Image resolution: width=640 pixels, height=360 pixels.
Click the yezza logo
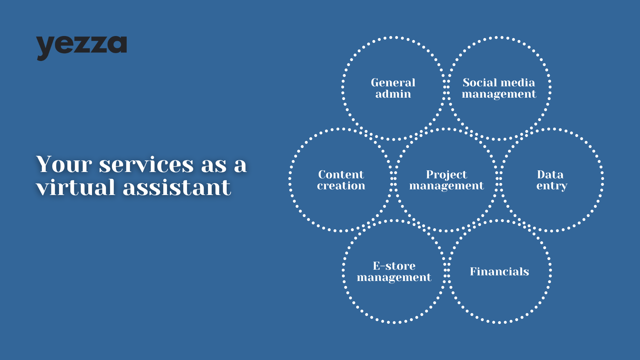[x=81, y=48]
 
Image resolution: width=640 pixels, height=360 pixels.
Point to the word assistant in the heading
[x=177, y=187]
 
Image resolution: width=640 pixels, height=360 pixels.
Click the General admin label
[x=393, y=88]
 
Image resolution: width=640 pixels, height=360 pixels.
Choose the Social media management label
[x=499, y=88]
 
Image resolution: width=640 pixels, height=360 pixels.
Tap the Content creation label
[x=341, y=180]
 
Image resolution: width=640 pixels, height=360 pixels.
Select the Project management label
[x=447, y=180]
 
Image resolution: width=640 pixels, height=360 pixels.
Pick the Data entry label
[x=552, y=180]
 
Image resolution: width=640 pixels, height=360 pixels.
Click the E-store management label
[x=394, y=272]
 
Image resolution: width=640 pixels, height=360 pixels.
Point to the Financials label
[x=499, y=271]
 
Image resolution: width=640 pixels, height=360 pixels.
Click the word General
[x=393, y=82]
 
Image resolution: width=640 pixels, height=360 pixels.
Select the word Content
[x=341, y=174]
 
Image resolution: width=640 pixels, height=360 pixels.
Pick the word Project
[x=447, y=175]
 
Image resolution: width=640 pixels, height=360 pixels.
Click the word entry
[x=552, y=186]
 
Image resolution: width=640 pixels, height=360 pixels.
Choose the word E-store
[x=394, y=266]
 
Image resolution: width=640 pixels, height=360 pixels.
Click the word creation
[x=341, y=186]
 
